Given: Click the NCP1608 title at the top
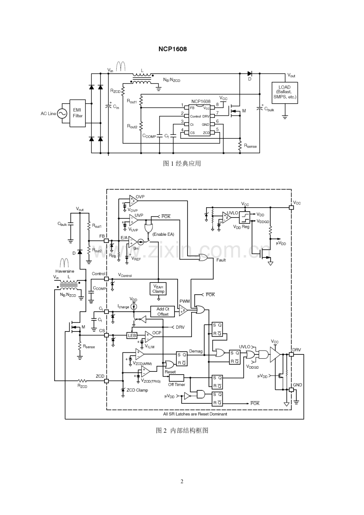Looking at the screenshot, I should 173,49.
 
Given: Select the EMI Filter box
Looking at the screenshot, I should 78,113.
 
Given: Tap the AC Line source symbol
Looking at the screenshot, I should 62,114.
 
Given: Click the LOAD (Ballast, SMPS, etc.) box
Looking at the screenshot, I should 284,93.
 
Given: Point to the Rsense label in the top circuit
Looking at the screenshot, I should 250,146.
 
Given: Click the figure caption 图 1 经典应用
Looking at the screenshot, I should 182,163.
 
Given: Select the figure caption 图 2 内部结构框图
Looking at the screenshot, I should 182,430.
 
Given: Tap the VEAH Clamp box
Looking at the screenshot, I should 158,289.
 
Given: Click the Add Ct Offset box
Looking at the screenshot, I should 162,312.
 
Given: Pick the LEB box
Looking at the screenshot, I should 132,335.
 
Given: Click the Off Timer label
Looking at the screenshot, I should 176,384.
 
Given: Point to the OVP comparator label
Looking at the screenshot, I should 140,197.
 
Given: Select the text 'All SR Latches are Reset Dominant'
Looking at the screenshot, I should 195,414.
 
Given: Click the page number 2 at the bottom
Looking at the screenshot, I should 182,481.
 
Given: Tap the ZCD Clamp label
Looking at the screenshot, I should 137,390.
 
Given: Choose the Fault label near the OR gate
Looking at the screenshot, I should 221,260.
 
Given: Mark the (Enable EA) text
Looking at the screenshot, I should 163,234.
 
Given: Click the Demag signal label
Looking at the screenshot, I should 195,351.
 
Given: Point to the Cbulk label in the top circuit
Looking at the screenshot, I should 269,109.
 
